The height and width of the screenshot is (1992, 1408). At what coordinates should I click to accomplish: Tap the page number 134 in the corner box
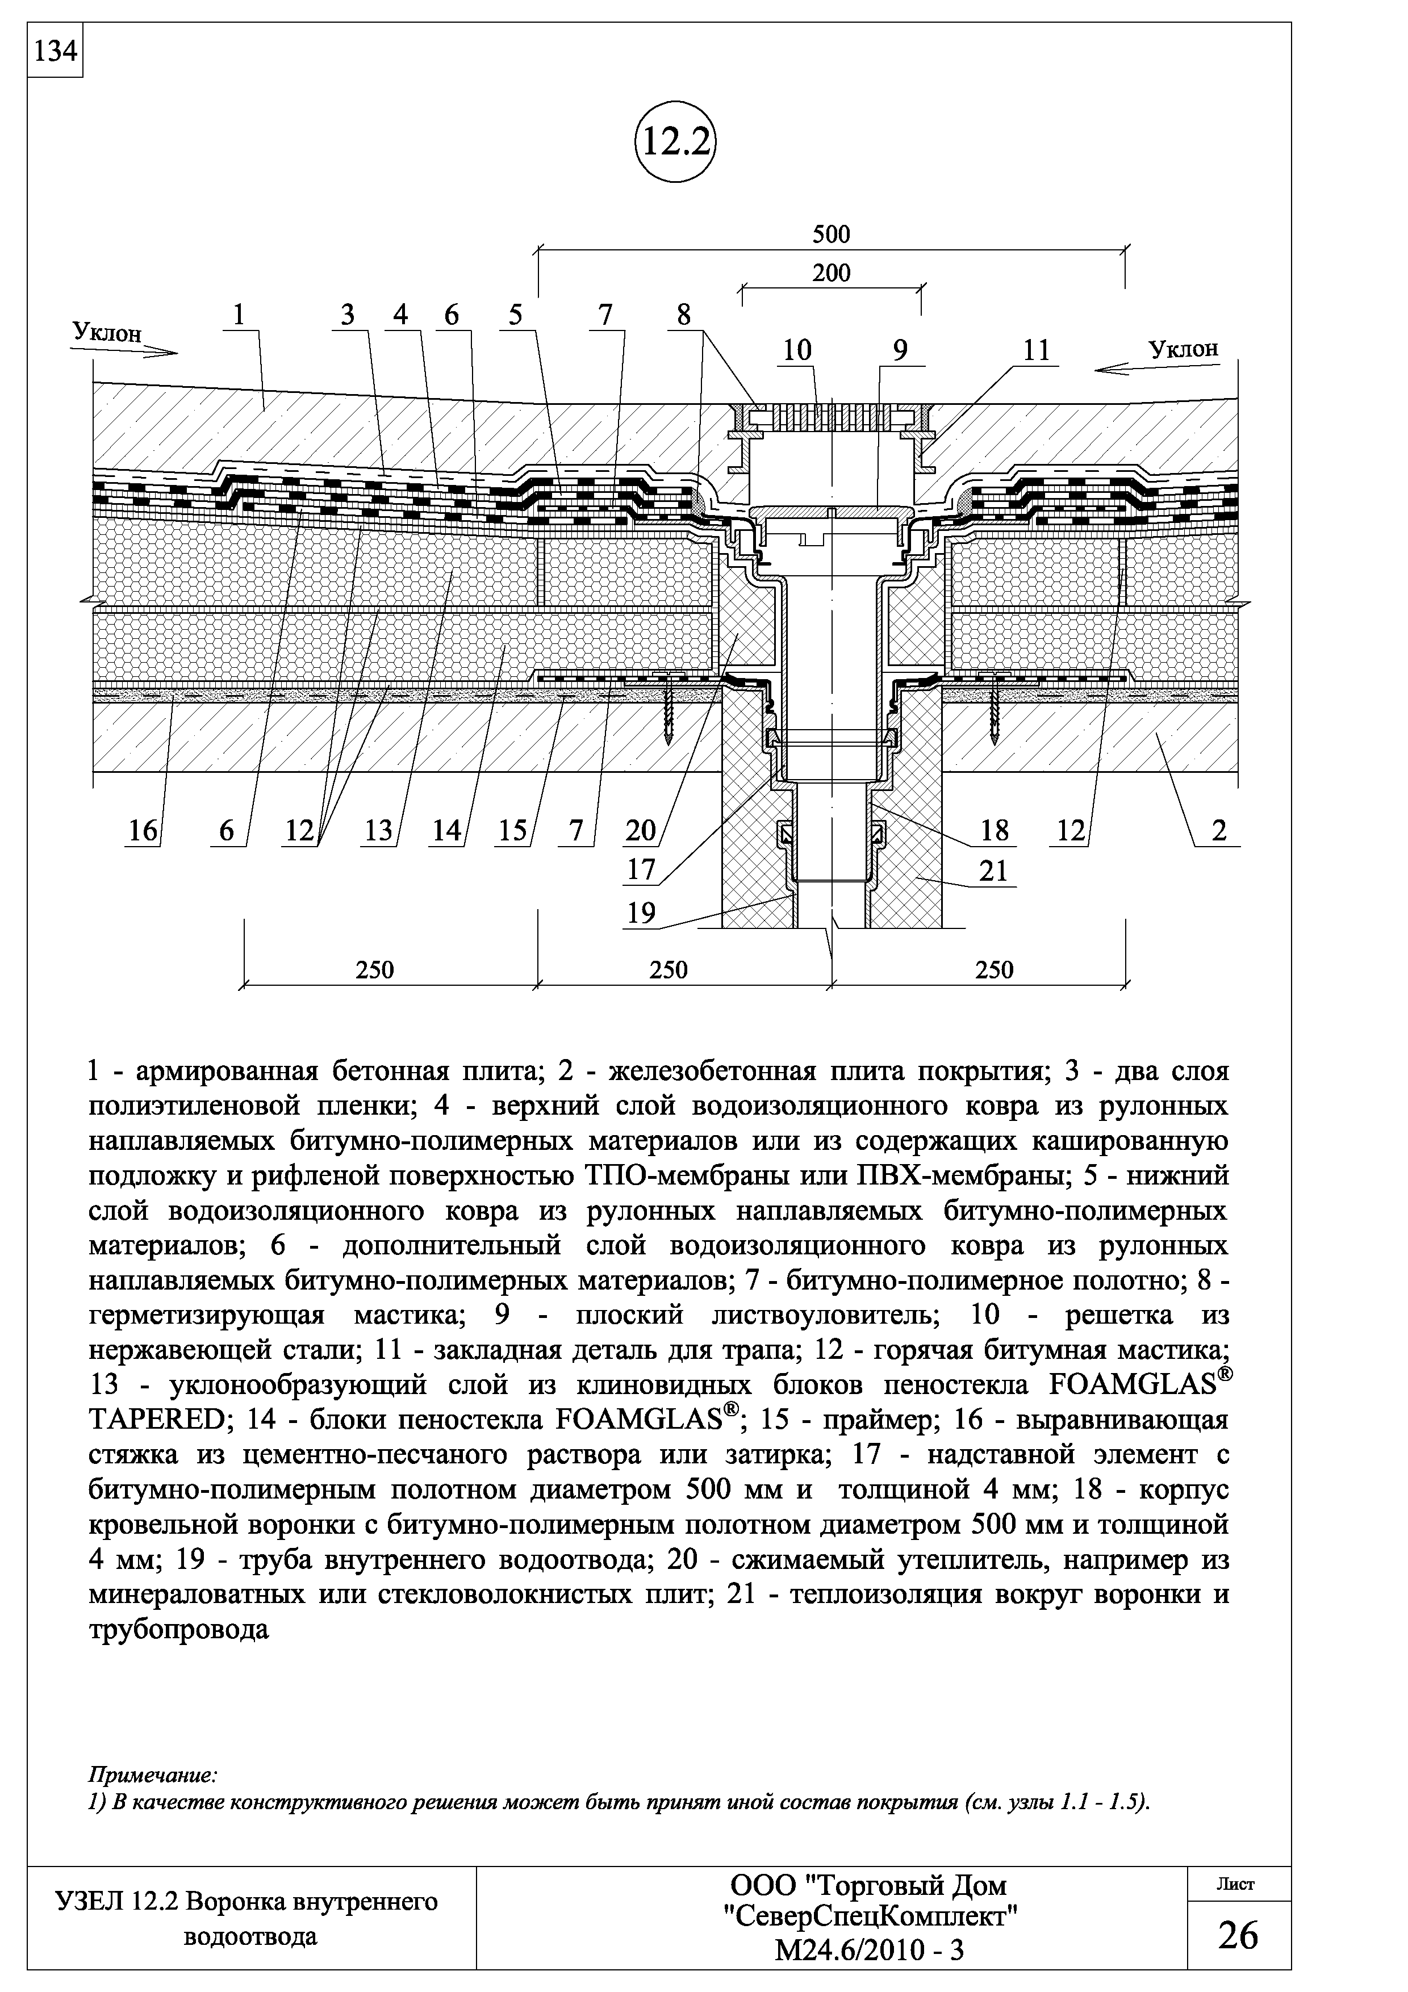[55, 52]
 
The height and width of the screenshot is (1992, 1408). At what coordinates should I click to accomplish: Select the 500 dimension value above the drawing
[831, 235]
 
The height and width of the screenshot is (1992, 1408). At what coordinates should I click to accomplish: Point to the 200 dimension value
[831, 273]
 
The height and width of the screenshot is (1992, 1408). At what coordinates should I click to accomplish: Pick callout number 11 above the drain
[1036, 350]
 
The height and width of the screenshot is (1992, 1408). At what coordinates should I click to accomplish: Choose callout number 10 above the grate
[797, 350]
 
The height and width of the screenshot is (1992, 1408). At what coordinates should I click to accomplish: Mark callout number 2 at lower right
[1219, 831]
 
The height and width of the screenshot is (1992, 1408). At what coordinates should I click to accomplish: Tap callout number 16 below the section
[143, 831]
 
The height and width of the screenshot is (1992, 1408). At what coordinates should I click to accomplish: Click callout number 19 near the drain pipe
[642, 914]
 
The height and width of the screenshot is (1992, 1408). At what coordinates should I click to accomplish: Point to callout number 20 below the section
[641, 831]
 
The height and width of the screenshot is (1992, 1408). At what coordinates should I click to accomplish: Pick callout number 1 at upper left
[240, 316]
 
